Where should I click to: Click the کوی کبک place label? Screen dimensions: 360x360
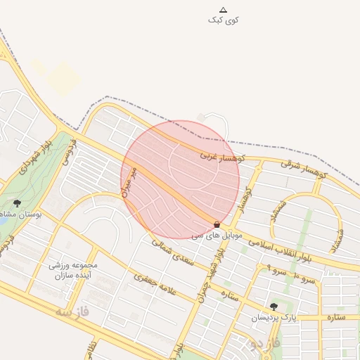point(224,20)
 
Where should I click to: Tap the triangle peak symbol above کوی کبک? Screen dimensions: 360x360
point(224,9)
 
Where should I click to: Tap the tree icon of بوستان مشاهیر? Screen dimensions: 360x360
point(17,203)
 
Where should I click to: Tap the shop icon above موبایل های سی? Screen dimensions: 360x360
point(217,224)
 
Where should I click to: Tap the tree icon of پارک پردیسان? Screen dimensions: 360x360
point(274,307)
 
